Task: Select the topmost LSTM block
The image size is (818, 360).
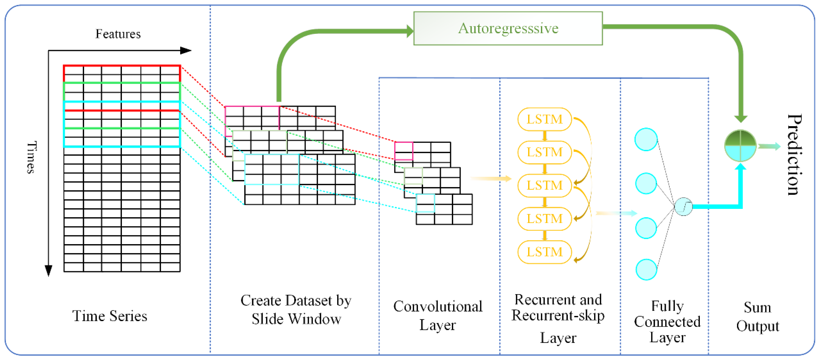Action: click(x=544, y=119)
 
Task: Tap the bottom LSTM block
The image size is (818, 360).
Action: click(x=544, y=252)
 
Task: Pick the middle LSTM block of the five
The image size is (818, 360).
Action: click(x=544, y=185)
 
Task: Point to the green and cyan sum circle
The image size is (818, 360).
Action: click(x=740, y=145)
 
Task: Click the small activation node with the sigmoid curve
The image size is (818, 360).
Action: click(x=683, y=207)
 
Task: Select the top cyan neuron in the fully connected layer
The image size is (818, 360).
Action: click(x=646, y=139)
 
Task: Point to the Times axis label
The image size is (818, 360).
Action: click(x=31, y=157)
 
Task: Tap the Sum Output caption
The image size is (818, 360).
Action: click(x=757, y=317)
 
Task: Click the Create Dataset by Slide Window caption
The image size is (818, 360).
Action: click(x=296, y=309)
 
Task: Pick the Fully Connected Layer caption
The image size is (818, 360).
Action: click(x=667, y=321)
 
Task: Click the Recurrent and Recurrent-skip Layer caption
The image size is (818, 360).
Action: click(x=558, y=318)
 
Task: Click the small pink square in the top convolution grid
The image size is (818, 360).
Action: click(x=404, y=151)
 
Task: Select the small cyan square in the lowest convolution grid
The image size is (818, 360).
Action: click(x=425, y=203)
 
